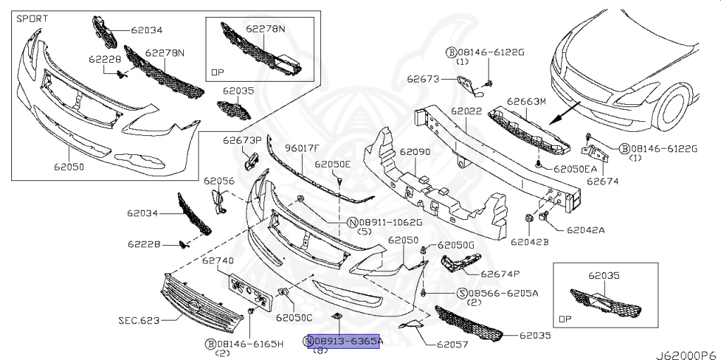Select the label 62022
click(466, 111)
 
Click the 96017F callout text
click(301, 148)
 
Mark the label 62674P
click(500, 274)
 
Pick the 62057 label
click(453, 345)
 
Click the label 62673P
click(242, 140)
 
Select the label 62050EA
click(575, 169)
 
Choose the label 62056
click(219, 181)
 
